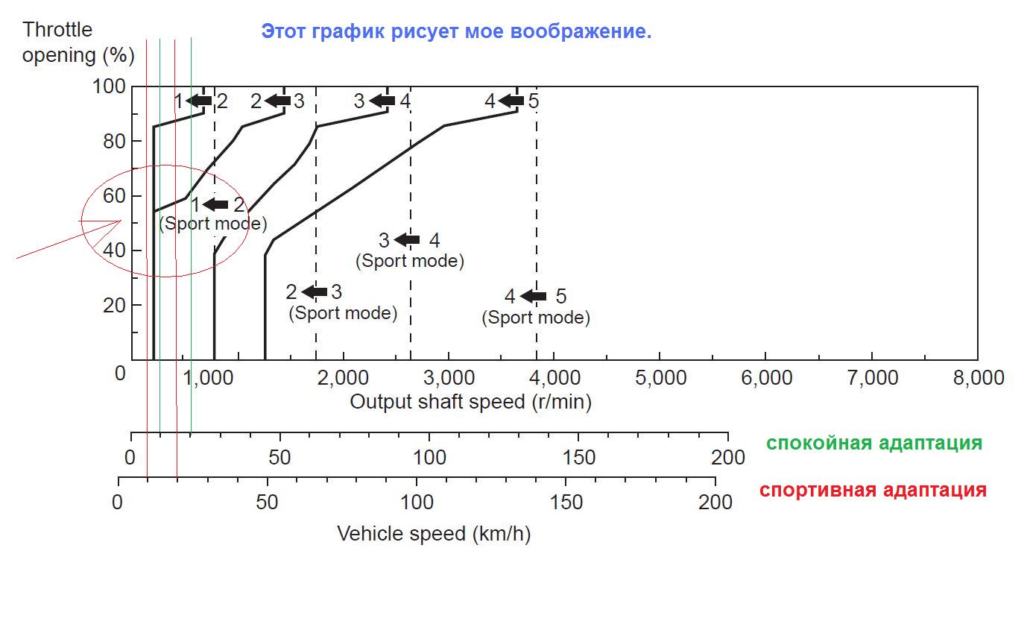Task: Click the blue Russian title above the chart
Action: [x=456, y=32]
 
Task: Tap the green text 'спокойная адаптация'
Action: [x=873, y=443]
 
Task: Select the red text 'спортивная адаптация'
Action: [x=873, y=491]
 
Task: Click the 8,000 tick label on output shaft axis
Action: [x=978, y=378]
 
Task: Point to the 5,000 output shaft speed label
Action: [x=660, y=378]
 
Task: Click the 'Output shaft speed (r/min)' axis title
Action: [x=470, y=402]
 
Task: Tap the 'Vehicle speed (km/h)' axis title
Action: [x=434, y=534]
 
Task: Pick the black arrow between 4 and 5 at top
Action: [x=511, y=101]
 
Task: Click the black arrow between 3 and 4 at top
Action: [x=382, y=101]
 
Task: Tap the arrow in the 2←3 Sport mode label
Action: [x=314, y=292]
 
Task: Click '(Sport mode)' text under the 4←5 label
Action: [x=536, y=318]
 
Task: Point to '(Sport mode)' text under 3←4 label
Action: [x=409, y=261]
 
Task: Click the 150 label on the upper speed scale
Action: [x=578, y=457]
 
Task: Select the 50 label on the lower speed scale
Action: [x=267, y=502]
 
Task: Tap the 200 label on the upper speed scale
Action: [x=728, y=457]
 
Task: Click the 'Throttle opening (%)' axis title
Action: [x=78, y=42]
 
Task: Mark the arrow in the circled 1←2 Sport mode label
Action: [x=215, y=204]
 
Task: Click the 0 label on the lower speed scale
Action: [x=118, y=502]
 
